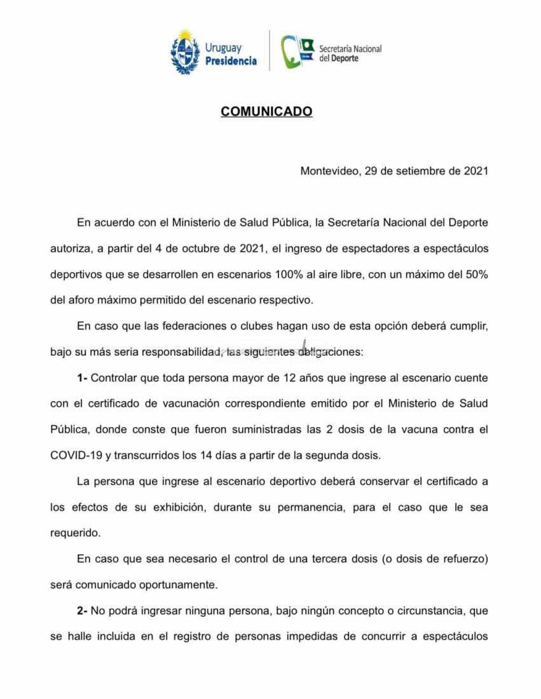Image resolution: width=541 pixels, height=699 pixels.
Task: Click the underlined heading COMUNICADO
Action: (x=266, y=111)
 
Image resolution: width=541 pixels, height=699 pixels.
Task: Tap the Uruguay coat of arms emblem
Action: (x=185, y=51)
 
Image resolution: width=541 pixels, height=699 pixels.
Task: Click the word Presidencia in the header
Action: (x=231, y=61)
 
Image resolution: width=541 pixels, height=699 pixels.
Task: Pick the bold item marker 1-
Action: (x=82, y=377)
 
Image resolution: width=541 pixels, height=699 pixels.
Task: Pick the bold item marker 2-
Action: (x=82, y=611)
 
